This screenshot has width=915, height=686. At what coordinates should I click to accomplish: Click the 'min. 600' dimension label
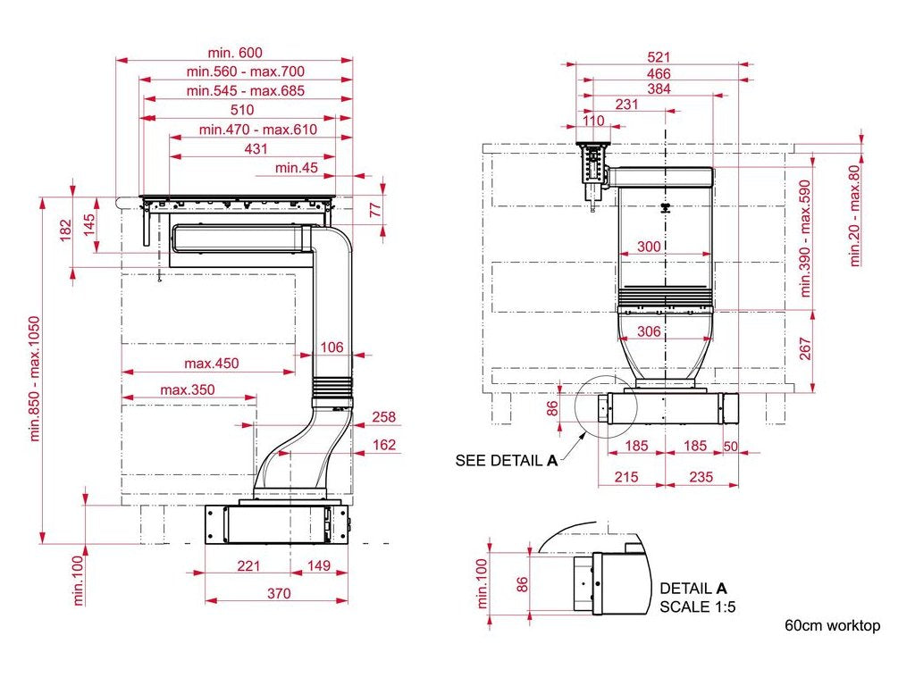coord(235,53)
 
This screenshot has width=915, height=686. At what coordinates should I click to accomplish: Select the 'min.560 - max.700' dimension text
coord(245,71)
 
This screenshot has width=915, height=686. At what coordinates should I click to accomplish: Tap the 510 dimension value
coord(242,110)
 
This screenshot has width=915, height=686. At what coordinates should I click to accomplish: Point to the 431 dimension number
coord(256,149)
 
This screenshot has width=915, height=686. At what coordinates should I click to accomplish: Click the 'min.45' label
coord(297,168)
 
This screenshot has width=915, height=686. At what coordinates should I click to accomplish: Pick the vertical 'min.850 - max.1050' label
coord(35,379)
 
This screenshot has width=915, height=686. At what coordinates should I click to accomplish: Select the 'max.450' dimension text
coord(211,364)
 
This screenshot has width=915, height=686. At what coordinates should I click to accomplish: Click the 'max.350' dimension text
coord(188,389)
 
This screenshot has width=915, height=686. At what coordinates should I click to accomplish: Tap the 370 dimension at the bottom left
coord(279,593)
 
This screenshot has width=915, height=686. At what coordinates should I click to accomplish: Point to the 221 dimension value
coord(248,565)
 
